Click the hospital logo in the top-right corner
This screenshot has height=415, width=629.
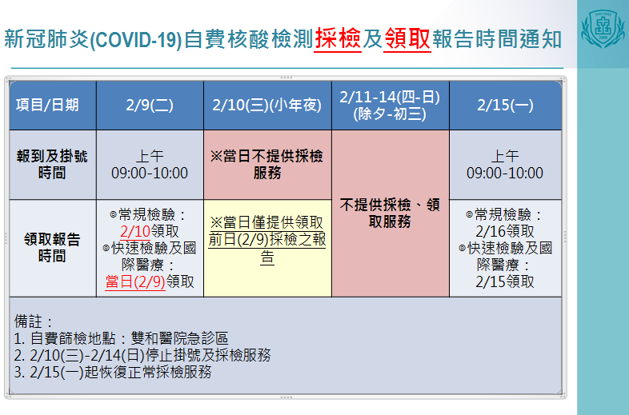(x=603, y=29)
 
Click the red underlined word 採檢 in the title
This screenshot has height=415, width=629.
(x=338, y=38)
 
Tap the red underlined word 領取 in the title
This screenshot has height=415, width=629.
(x=407, y=38)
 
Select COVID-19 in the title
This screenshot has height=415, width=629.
(x=136, y=40)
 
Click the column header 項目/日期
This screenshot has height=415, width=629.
(x=47, y=105)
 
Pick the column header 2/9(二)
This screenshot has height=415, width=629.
(x=150, y=105)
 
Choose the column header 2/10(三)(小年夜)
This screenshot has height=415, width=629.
(x=267, y=105)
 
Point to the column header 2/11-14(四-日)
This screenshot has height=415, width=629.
(x=390, y=97)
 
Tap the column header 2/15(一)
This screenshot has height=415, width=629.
(x=505, y=105)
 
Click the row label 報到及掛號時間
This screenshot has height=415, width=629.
(x=52, y=165)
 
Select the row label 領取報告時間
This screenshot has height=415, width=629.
(x=52, y=247)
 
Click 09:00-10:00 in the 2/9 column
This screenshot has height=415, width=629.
(x=150, y=174)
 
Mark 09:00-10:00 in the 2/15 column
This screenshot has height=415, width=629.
(x=505, y=174)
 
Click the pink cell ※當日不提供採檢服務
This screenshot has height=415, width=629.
(x=267, y=165)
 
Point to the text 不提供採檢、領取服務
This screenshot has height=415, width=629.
(x=390, y=213)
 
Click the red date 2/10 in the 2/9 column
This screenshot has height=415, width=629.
(x=135, y=231)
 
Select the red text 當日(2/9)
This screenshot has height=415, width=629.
(x=135, y=282)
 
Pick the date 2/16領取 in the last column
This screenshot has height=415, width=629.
(x=505, y=231)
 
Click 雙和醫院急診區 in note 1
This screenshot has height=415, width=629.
(x=179, y=338)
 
